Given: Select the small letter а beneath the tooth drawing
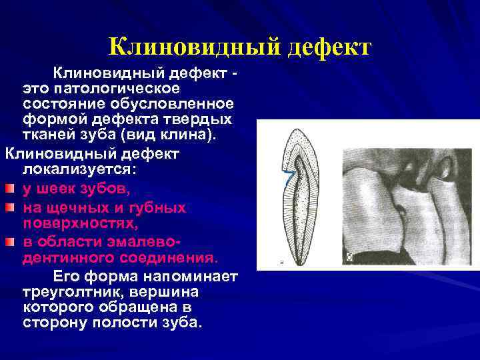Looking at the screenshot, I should [x=281, y=262].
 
